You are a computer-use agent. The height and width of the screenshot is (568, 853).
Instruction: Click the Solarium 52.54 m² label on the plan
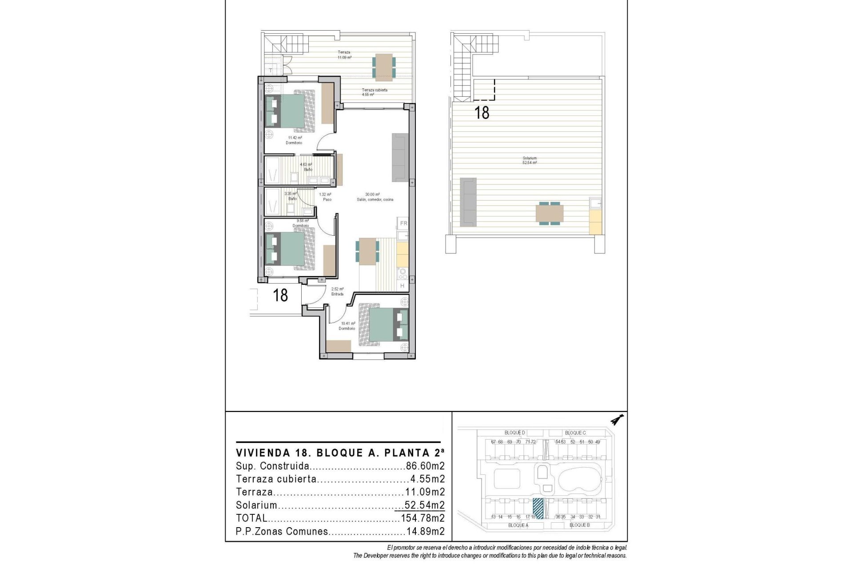click(x=530, y=161)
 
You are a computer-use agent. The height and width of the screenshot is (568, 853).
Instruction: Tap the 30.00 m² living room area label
click(x=375, y=197)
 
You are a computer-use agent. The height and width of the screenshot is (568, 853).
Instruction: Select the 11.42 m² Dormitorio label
click(x=294, y=140)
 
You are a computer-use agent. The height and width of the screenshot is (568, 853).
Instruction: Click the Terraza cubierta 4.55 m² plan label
click(x=374, y=92)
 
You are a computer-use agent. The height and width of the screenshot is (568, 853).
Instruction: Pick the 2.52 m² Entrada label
click(x=337, y=291)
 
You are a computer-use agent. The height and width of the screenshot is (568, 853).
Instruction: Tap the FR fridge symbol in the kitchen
click(x=403, y=223)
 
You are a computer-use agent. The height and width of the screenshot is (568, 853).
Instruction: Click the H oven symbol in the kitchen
click(x=403, y=286)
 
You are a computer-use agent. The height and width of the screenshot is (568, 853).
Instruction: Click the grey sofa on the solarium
click(x=468, y=201)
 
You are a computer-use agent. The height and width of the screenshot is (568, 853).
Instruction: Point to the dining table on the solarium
click(x=550, y=213)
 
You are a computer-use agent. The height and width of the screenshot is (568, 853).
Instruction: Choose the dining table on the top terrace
click(x=383, y=67)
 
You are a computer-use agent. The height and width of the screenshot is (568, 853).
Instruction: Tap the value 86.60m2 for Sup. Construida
click(x=425, y=466)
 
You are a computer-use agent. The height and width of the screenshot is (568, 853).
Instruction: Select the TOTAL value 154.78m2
click(x=423, y=518)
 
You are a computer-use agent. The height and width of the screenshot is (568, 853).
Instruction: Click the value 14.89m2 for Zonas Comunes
click(x=425, y=532)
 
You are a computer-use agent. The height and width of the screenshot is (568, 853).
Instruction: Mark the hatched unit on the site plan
click(x=538, y=508)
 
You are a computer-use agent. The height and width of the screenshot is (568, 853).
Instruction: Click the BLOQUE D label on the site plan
click(x=514, y=433)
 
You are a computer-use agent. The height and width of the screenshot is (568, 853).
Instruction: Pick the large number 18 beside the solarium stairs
click(x=482, y=113)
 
